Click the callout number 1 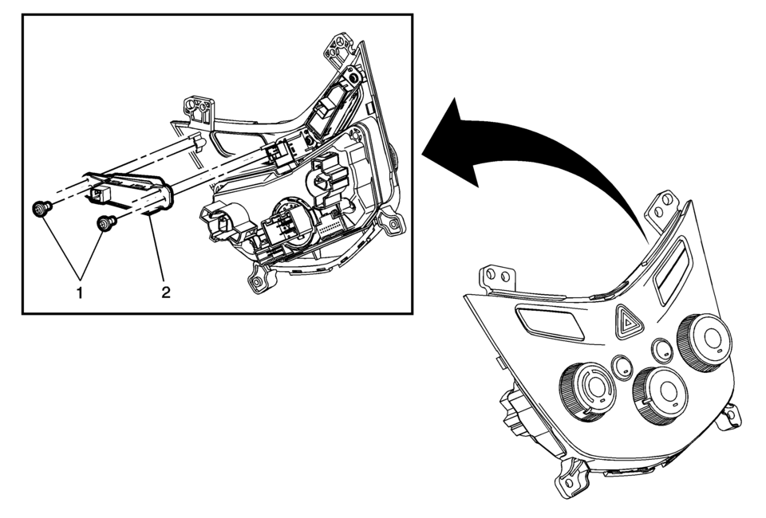pos(79,292)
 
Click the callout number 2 pos(165,292)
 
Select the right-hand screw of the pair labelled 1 pos(104,225)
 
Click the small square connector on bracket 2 pos(97,193)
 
